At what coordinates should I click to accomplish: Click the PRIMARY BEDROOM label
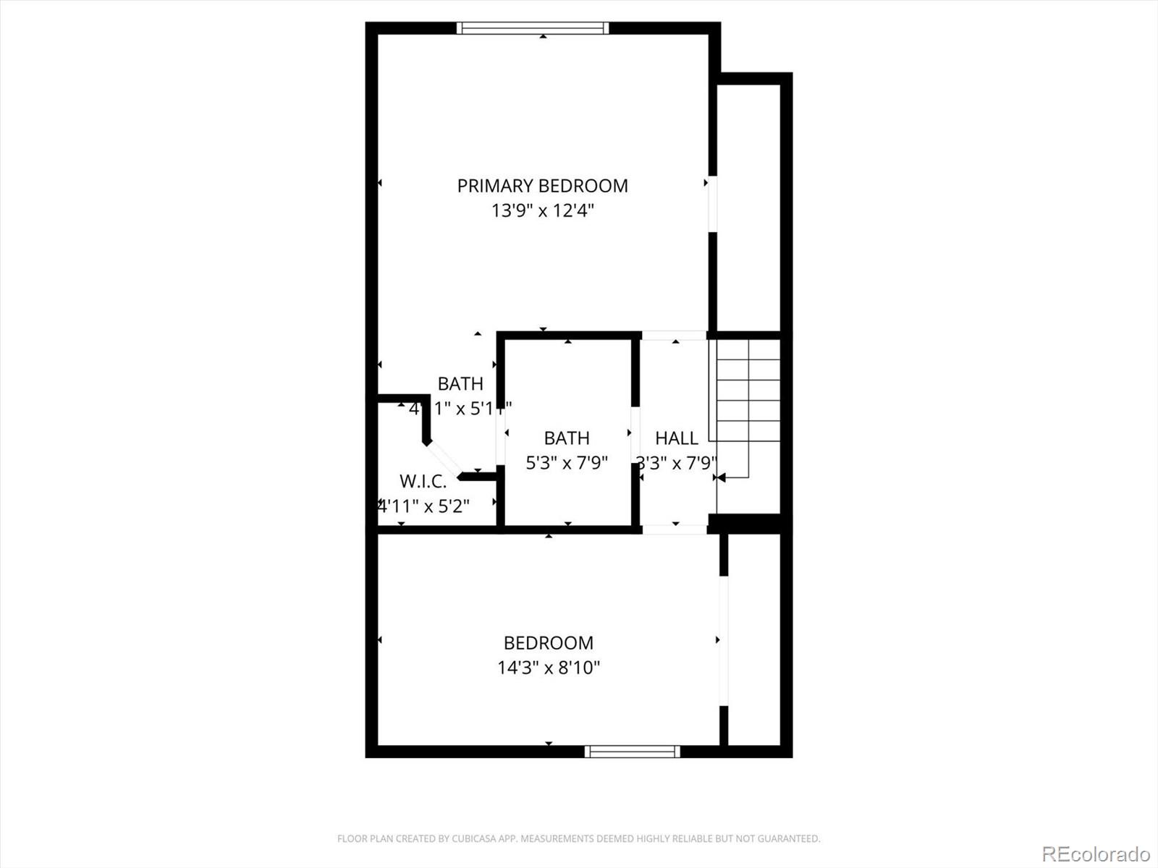pos(542,186)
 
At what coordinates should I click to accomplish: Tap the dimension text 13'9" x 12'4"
pos(542,211)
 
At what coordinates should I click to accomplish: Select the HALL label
pos(676,438)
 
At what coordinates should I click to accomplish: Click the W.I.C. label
pos(423,482)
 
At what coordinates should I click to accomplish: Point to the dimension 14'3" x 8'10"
pos(549,668)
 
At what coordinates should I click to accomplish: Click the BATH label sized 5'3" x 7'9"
pos(567,438)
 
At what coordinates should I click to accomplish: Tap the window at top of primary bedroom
pos(533,28)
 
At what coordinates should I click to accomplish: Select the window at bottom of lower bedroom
pos(632,752)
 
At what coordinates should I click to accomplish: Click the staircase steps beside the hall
pos(748,391)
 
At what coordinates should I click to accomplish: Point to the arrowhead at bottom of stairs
pos(719,477)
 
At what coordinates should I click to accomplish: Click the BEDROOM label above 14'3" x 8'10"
pos(549,643)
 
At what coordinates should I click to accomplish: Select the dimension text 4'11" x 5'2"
pos(426,506)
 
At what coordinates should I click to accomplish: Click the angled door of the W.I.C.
pos(442,459)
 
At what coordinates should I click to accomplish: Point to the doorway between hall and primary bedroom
pos(674,336)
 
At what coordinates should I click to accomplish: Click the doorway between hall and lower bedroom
pos(674,529)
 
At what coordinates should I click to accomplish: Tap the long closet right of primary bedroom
pos(748,206)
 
